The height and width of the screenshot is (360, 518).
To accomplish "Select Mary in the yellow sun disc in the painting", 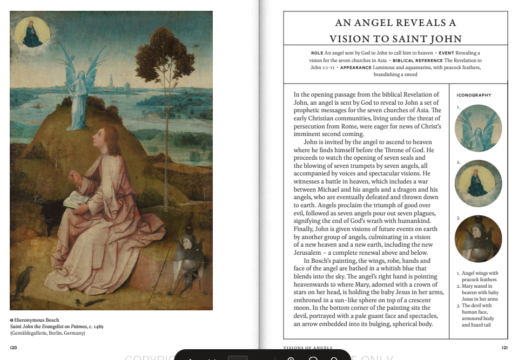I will click(x=32, y=33).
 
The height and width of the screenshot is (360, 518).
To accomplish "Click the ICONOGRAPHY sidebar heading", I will click(x=474, y=95).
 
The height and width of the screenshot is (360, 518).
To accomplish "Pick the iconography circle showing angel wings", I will click(x=478, y=128).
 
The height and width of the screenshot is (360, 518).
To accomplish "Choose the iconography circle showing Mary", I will click(x=478, y=184).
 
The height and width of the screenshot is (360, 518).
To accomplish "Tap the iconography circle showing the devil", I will click(x=478, y=239).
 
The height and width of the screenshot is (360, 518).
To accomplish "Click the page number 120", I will click(x=14, y=348).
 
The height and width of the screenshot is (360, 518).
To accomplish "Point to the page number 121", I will click(x=504, y=348).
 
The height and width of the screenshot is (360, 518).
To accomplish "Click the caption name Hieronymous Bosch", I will click(x=37, y=320).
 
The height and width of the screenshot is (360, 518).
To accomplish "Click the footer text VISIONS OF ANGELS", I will click(x=308, y=348).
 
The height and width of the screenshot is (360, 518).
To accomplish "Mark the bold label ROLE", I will click(x=317, y=53).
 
